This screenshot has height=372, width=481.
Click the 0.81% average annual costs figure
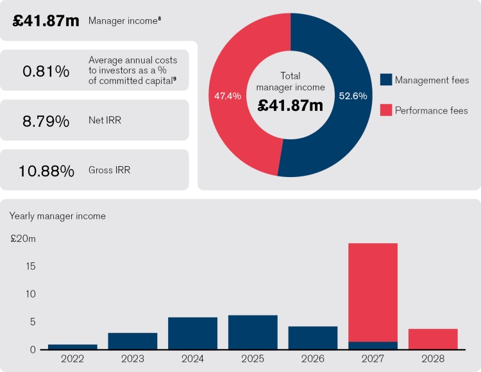pyautogui.click(x=46, y=71)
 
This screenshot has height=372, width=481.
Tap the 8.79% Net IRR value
pyautogui.click(x=46, y=121)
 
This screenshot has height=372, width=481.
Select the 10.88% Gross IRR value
pyautogui.click(x=46, y=171)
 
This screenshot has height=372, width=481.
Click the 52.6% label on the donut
pyautogui.click(x=353, y=96)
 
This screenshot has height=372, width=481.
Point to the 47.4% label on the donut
pyautogui.click(x=228, y=96)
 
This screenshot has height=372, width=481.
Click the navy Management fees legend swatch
pyautogui.click(x=385, y=80)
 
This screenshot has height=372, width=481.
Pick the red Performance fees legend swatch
pyautogui.click(x=385, y=110)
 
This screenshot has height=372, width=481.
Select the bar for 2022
pyautogui.click(x=72, y=347)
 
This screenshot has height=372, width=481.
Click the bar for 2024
pyautogui.click(x=192, y=334)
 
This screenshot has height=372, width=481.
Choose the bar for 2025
pyautogui.click(x=253, y=332)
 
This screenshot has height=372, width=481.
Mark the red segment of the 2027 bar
pyautogui.click(x=373, y=292)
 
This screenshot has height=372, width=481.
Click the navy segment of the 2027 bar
pyautogui.click(x=373, y=346)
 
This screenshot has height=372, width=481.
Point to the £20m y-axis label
pyautogui.click(x=23, y=239)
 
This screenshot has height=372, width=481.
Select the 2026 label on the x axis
pyautogui.click(x=312, y=359)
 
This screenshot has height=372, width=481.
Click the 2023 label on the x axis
pyautogui.click(x=132, y=359)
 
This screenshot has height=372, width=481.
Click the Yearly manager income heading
pyautogui.click(x=57, y=216)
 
